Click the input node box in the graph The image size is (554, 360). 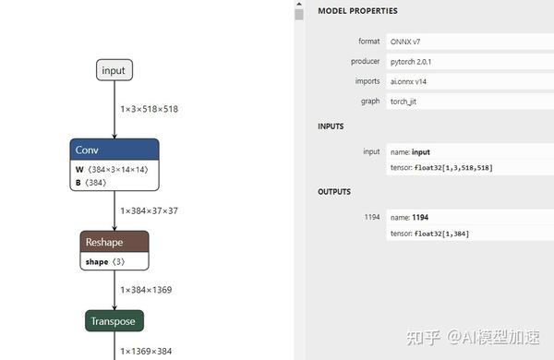pyautogui.click(x=114, y=70)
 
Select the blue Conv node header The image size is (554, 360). pyautogui.click(x=114, y=150)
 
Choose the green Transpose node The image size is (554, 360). pyautogui.click(x=114, y=321)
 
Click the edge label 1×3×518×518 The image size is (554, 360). pyautogui.click(x=149, y=109)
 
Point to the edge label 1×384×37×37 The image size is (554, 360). pyautogui.click(x=149, y=210)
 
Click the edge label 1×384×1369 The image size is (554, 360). pyautogui.click(x=146, y=290)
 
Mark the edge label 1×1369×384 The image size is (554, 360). pyautogui.click(x=146, y=351)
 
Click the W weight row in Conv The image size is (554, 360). pyautogui.click(x=111, y=170)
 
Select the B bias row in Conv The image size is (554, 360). pyautogui.click(x=92, y=182)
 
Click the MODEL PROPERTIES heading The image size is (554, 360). pyautogui.click(x=357, y=11)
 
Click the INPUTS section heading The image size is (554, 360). pyautogui.click(x=331, y=126)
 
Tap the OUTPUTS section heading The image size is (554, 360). pyautogui.click(x=334, y=192)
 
